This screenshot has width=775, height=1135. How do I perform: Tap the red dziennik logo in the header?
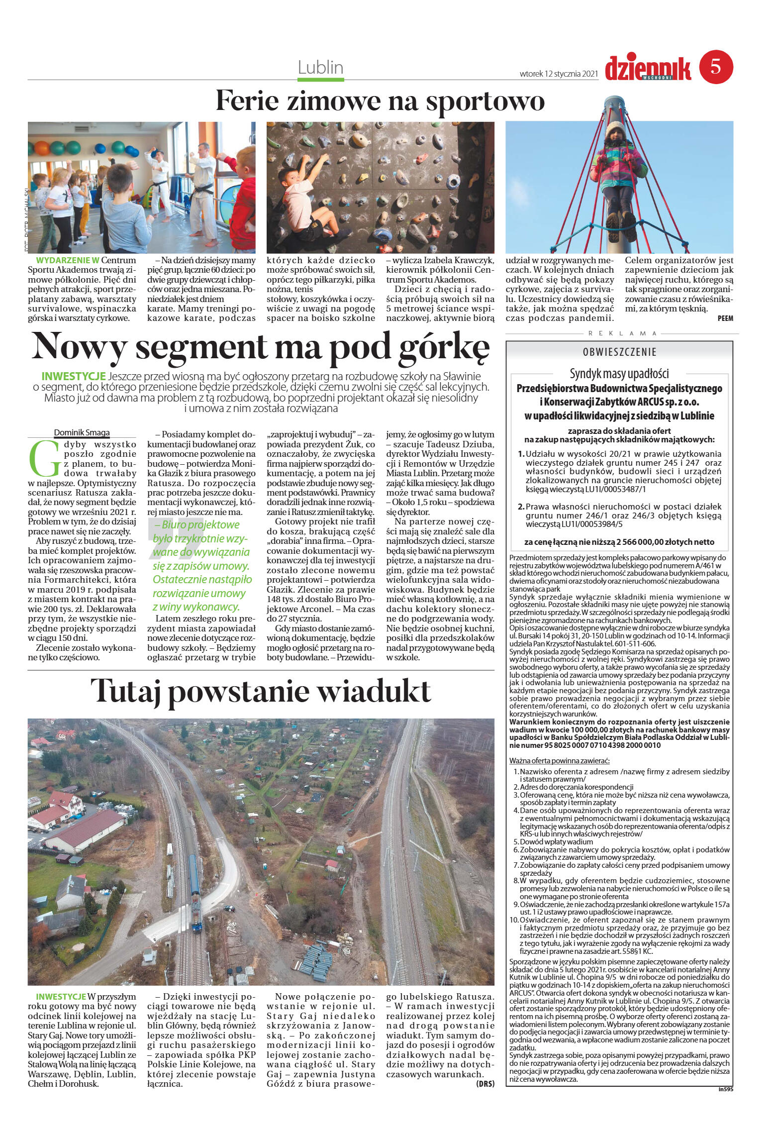tap(648, 68)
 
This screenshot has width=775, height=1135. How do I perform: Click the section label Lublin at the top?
tap(321, 67)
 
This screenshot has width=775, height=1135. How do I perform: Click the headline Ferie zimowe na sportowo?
tap(380, 101)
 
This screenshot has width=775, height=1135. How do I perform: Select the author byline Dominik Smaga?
tap(82, 432)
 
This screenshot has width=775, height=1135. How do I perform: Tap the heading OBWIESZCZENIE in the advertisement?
tap(620, 352)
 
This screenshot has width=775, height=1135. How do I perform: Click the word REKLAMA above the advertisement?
tap(622, 333)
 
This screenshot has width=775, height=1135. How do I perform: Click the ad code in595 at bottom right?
tap(726, 1090)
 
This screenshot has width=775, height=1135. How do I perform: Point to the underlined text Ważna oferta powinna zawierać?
tap(560, 775)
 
